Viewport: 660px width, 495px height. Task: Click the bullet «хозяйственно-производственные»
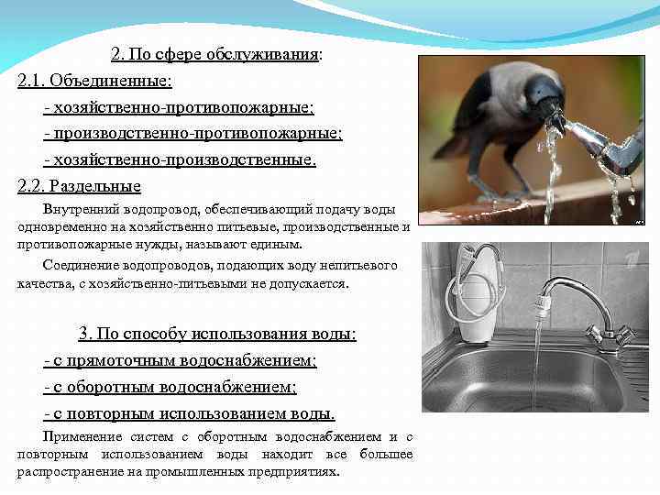coord(183,160)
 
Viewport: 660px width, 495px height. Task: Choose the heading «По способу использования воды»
coord(225,334)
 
